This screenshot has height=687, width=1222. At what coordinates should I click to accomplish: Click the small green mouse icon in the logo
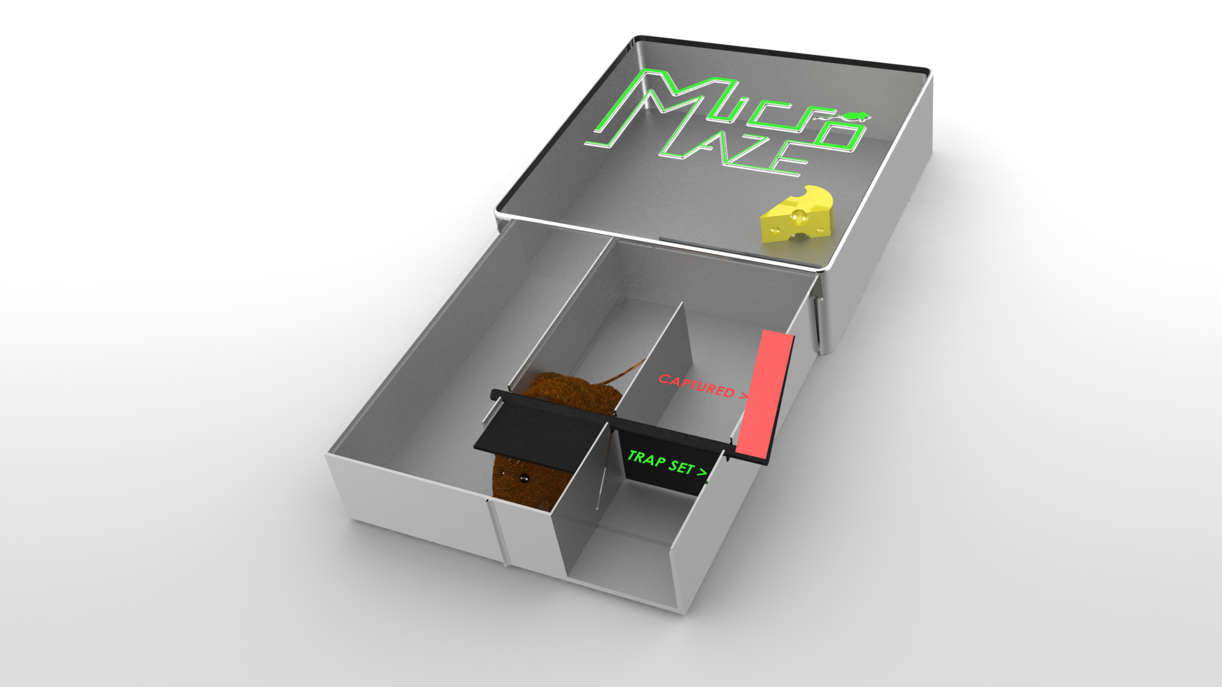tap(853, 116)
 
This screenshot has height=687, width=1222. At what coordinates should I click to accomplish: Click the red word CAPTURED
tap(696, 384)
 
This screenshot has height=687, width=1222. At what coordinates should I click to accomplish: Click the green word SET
tap(682, 467)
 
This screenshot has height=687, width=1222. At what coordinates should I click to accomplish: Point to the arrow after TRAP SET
tap(702, 472)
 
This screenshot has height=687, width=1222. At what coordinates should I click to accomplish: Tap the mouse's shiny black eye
tap(523, 478)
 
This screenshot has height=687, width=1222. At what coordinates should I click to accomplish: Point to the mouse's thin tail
tap(621, 372)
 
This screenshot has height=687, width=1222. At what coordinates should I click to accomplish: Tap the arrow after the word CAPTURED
tap(743, 395)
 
